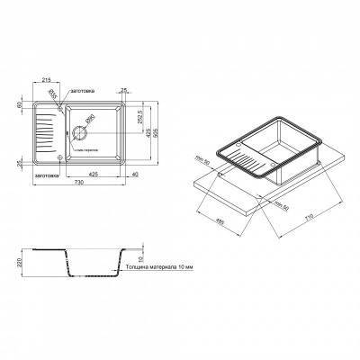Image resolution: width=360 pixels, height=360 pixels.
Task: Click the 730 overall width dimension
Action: (x=80, y=182)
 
